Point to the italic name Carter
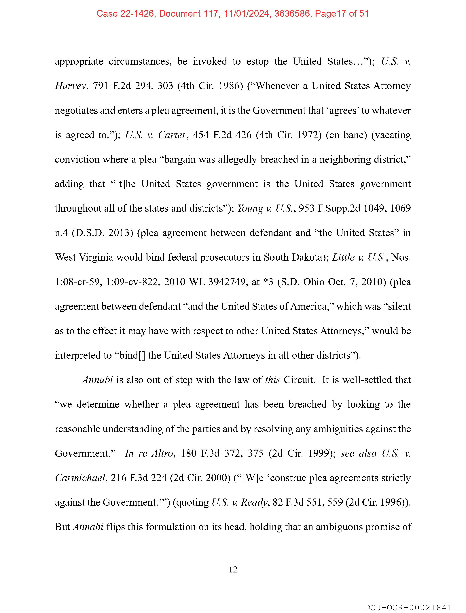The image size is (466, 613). pos(172,135)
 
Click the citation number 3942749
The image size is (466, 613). pos(227,282)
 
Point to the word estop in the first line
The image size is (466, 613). pos(257,62)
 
